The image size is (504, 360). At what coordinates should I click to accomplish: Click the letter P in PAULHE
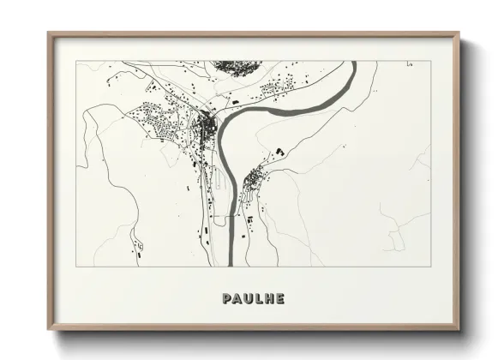click(x=226, y=299)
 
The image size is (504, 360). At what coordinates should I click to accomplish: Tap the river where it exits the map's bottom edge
click(x=231, y=263)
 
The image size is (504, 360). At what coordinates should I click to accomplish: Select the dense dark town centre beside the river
click(x=206, y=129)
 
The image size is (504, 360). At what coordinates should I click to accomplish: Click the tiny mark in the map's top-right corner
click(x=413, y=63)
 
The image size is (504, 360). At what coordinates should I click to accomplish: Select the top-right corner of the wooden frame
click(x=460, y=33)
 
